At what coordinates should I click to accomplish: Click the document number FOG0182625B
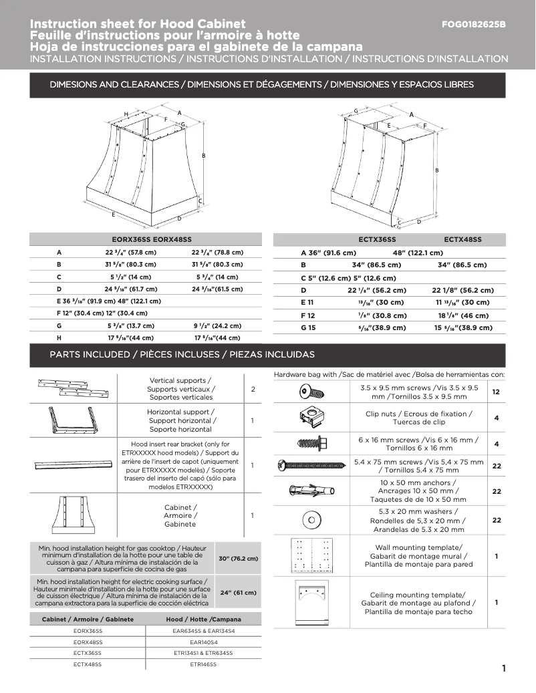(x=474, y=25)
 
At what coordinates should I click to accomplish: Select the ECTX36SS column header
(x=377, y=239)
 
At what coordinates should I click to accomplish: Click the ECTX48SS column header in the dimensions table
(x=462, y=239)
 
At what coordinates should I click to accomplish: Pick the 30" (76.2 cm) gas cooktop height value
(x=239, y=558)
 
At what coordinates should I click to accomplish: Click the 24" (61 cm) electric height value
(x=239, y=593)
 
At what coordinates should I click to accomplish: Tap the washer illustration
(x=311, y=519)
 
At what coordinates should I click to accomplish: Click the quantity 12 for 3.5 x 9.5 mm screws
(x=496, y=392)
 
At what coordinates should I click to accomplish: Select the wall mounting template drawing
(x=311, y=555)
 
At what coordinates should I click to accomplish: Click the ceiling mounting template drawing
(x=311, y=601)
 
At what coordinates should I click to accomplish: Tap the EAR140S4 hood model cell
(x=203, y=642)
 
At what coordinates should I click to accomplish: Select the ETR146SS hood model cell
(x=203, y=664)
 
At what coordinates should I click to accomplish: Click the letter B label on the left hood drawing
(x=203, y=155)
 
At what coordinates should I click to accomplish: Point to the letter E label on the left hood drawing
(x=113, y=215)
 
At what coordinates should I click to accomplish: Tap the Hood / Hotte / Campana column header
(x=203, y=619)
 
